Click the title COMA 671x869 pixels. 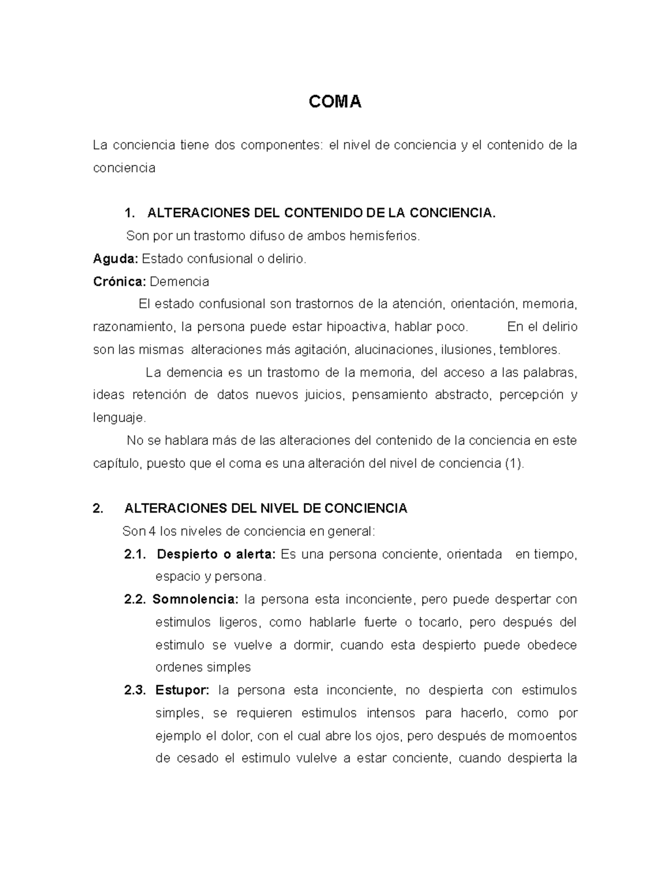point(335,102)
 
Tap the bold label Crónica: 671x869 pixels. point(119,281)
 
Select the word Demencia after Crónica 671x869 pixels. point(179,281)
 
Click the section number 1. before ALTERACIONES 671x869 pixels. point(130,213)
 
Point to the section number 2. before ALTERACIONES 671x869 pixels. point(98,508)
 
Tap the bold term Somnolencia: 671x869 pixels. point(195,599)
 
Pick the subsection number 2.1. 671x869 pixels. point(135,554)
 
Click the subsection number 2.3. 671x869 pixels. point(135,690)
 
